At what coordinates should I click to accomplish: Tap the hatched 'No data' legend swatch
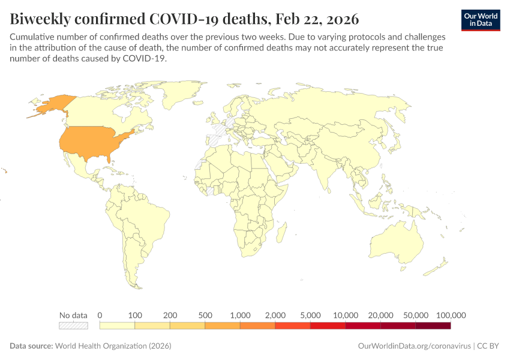[73, 326]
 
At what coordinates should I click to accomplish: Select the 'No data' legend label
[73, 315]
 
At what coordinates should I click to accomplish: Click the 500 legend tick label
[205, 315]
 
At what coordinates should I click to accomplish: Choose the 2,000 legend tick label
[275, 315]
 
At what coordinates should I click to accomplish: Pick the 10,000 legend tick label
[346, 315]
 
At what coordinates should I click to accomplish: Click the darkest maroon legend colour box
[433, 326]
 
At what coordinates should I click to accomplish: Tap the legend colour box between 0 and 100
[117, 326]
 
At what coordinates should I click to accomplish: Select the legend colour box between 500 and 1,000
[223, 326]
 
